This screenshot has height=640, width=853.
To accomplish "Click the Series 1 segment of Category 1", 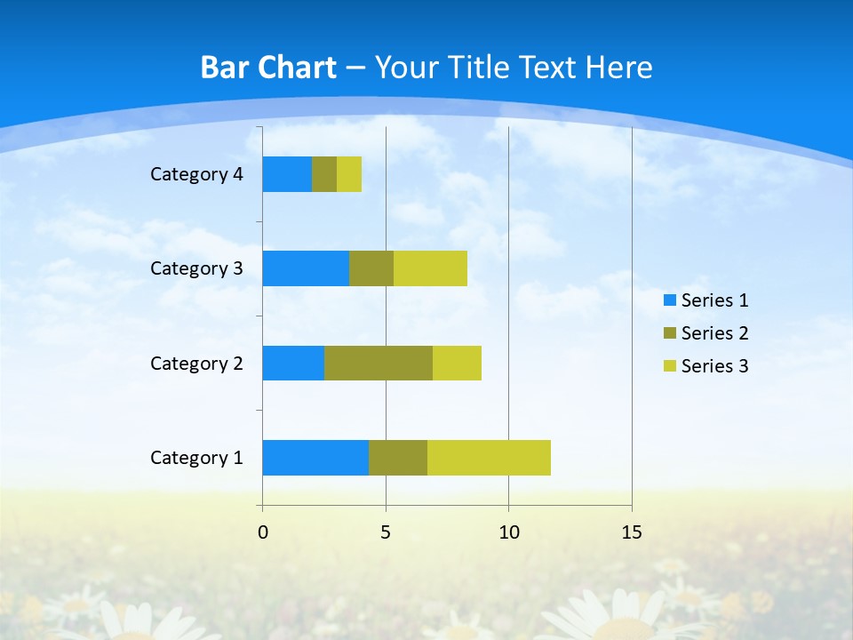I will click(x=315, y=458).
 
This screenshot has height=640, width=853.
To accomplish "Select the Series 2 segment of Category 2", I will click(x=379, y=363).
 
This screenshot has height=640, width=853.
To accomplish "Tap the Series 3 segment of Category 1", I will click(x=489, y=458).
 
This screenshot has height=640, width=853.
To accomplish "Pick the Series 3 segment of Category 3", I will click(x=430, y=268).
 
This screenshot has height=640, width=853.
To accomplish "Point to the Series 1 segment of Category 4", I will click(x=287, y=174).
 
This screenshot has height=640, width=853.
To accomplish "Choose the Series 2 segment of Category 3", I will click(x=371, y=268).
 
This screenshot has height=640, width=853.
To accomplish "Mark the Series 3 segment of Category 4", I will click(x=349, y=174).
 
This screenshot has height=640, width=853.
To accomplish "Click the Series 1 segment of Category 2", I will click(x=293, y=363).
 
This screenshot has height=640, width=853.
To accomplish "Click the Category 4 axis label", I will click(x=196, y=174).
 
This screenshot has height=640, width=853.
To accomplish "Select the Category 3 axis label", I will click(x=196, y=268).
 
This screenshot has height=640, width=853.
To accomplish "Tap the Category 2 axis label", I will click(x=196, y=364).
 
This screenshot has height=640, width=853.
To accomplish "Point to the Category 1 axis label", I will click(x=196, y=458).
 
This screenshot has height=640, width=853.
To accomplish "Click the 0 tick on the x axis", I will click(x=263, y=532).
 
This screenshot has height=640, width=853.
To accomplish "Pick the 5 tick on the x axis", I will click(x=386, y=532).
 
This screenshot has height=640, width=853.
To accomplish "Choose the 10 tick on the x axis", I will click(x=508, y=532).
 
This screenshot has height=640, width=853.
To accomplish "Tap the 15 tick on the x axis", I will click(x=632, y=532).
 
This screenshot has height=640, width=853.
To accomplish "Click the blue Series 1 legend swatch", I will click(x=669, y=300).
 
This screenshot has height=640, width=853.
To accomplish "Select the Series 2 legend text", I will click(x=714, y=333).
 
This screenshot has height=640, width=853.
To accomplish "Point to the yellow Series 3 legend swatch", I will click(x=669, y=366).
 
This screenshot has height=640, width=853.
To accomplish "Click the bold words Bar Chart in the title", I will click(x=268, y=68).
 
